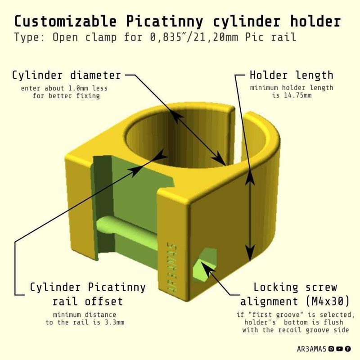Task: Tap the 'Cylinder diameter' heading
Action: pos(66,75)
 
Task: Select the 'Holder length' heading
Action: pos(291,75)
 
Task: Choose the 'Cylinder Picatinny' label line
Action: pos(87,287)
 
